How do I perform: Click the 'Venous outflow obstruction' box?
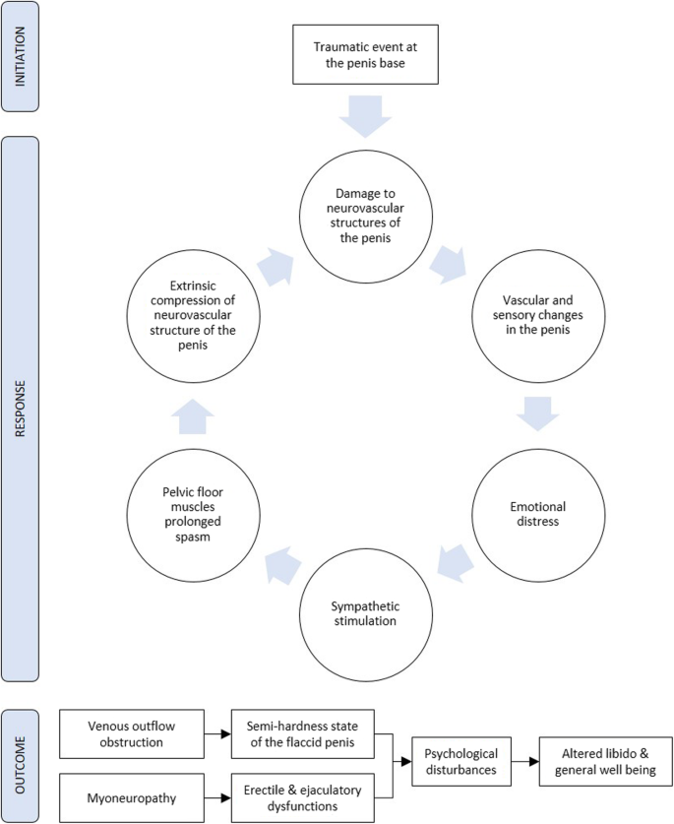(130, 733)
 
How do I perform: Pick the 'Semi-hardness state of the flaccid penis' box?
(304, 733)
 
